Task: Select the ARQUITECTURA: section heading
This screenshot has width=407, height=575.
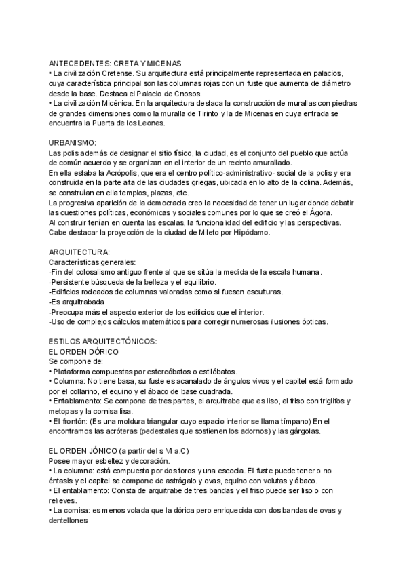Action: pyautogui.click(x=79, y=253)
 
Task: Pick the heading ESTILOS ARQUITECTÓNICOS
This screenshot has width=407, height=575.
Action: pyautogui.click(x=103, y=341)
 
